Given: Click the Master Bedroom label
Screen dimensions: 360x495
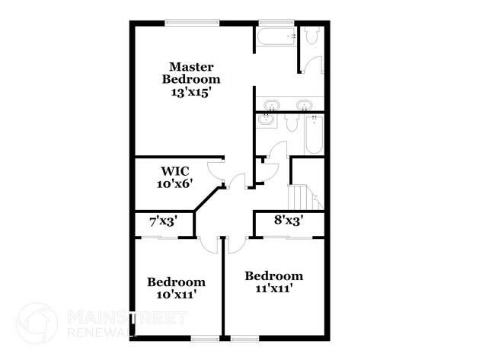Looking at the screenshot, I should (x=194, y=72).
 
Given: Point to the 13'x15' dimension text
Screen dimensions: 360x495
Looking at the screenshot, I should (x=196, y=91).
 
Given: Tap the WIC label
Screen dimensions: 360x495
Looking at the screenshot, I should (x=174, y=170).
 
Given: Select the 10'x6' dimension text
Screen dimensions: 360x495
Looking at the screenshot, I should (x=174, y=183).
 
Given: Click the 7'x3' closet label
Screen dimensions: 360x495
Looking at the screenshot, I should (x=163, y=222).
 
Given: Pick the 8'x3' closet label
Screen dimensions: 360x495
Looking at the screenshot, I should (x=289, y=221).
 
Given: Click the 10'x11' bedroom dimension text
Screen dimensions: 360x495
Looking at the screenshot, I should (x=176, y=294).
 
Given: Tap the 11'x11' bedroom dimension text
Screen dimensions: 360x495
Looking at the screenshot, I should (x=273, y=288).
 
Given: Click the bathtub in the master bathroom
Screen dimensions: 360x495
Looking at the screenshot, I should (x=276, y=36).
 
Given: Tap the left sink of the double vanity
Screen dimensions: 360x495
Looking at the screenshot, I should (x=270, y=104).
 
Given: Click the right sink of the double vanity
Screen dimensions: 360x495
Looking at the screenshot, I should (x=304, y=104).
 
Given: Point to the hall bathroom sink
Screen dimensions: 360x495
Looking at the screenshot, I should (x=266, y=121).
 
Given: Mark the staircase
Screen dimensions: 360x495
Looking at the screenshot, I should (x=305, y=194).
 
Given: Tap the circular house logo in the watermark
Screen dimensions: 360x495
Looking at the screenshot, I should (x=37, y=323).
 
